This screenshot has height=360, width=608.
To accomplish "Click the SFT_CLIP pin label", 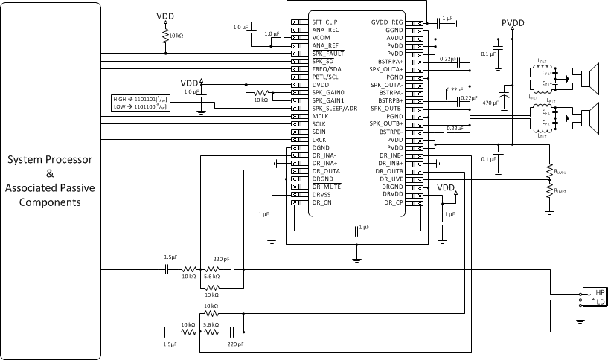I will (325, 22).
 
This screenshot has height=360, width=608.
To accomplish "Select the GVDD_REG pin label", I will (387, 22).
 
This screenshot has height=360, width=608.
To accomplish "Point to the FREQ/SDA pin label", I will (326, 69).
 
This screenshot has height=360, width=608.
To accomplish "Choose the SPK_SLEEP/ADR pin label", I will (333, 108).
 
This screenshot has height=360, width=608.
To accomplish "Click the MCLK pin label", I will (321, 116).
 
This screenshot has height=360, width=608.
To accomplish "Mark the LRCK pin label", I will (320, 140).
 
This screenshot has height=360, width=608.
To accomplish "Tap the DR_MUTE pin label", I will (326, 187).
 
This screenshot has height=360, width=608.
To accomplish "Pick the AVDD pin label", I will (394, 38).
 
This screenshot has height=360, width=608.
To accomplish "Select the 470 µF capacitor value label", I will (491, 102).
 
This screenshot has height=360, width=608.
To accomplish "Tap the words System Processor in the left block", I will (50, 160).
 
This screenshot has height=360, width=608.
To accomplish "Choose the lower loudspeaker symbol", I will (589, 117).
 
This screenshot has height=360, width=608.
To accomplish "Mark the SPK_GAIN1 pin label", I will (327, 100).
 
